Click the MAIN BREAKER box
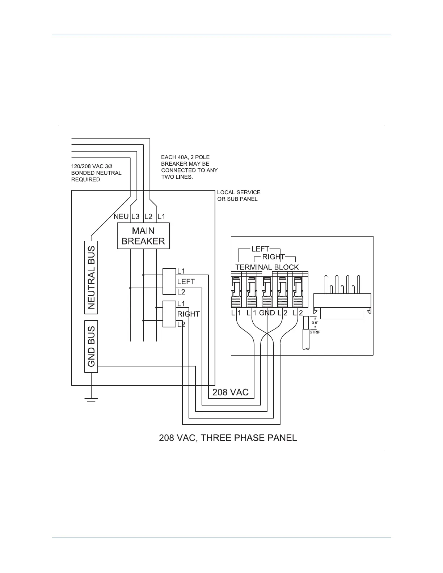tap(143, 236)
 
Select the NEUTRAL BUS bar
tap(92, 277)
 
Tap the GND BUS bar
tap(91, 346)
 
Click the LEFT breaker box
tap(169, 281)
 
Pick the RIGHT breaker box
tap(169, 314)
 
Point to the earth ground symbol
tap(91, 400)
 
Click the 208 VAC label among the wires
tap(230, 392)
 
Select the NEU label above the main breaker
tap(121, 217)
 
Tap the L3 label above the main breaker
tap(135, 217)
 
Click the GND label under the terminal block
tap(267, 313)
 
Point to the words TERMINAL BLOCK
tap(267, 267)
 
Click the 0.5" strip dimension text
tap(315, 323)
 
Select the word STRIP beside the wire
tap(315, 332)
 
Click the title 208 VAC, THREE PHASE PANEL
tap(228, 438)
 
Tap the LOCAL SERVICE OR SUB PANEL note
tap(239, 196)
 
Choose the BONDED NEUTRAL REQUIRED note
tap(96, 173)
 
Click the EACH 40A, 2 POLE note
tap(189, 167)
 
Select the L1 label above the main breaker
tap(161, 217)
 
